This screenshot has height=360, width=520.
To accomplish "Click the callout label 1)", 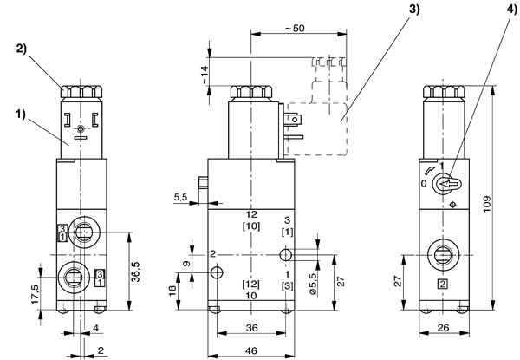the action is (20, 115).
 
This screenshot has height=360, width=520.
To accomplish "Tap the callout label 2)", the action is (21, 49).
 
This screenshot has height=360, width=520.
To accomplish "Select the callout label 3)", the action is (414, 9).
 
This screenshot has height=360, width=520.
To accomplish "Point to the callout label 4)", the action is (511, 10).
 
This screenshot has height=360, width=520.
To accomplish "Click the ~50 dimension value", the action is (295, 29).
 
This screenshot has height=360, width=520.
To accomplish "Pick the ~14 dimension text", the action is (204, 75).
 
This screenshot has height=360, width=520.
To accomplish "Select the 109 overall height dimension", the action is (486, 205).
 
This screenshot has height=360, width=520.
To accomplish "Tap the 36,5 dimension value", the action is (136, 272).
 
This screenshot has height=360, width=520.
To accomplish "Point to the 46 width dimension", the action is (251, 350).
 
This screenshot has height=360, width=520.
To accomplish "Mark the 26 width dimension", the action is (444, 328).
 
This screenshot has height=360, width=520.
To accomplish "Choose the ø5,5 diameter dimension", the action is (314, 283).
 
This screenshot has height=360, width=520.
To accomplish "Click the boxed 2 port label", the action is (443, 285).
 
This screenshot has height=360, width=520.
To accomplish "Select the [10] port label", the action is (251, 226).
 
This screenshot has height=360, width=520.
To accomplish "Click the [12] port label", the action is (250, 284).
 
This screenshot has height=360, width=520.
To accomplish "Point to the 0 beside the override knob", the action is (424, 184).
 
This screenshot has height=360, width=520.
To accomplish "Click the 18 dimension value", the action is (172, 291).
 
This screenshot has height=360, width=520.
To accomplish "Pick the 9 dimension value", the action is (187, 264).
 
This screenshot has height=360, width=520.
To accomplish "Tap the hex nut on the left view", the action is (81, 92).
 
